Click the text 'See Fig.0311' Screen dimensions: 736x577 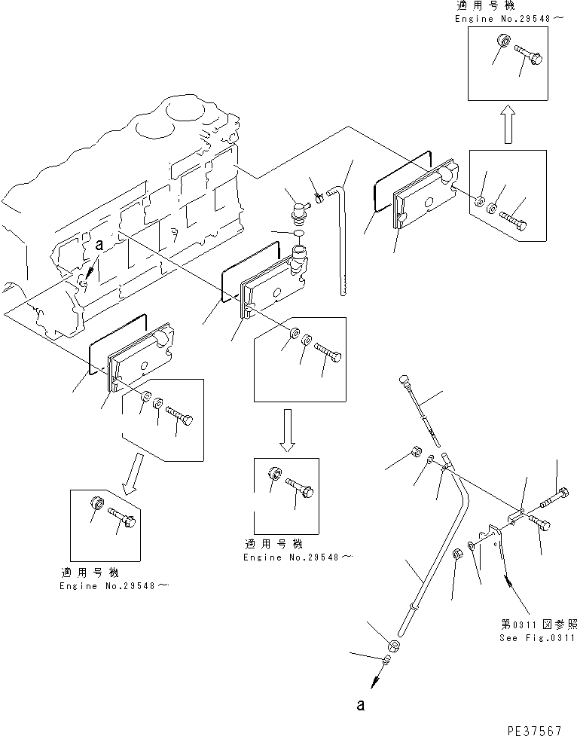536,638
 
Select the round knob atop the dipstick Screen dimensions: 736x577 404,378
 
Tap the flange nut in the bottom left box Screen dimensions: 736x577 96,505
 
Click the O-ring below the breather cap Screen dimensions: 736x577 298,234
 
